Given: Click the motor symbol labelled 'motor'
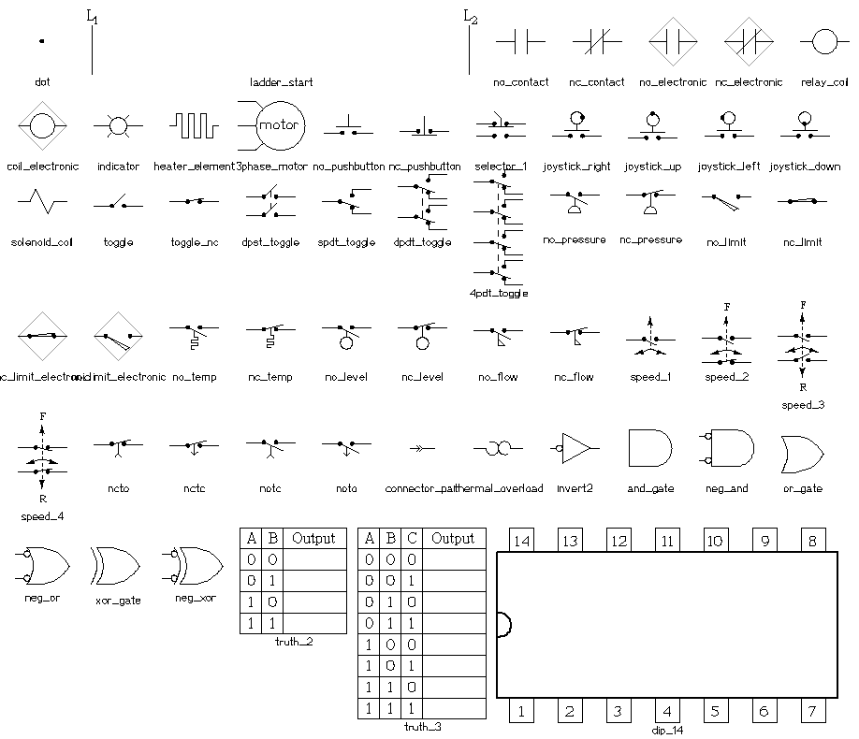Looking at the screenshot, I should point(277,124).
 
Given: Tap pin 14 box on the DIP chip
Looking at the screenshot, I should point(521,540).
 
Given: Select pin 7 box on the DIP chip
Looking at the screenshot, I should point(812,711).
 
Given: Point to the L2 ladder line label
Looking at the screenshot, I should point(471,16).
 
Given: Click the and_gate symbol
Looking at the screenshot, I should point(650,448).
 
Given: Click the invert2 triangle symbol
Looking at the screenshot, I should point(575,448).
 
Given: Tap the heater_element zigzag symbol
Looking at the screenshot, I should point(194,124).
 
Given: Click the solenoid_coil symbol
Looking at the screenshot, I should point(42,200).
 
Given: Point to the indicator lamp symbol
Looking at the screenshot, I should point(118,124).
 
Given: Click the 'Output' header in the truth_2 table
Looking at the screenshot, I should point(313,538).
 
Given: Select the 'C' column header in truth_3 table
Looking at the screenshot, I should point(412,539).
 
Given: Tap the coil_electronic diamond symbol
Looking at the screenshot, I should point(42,124).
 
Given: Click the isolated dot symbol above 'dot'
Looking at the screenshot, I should point(41,40).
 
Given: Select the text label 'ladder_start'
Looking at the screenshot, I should point(282,82).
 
